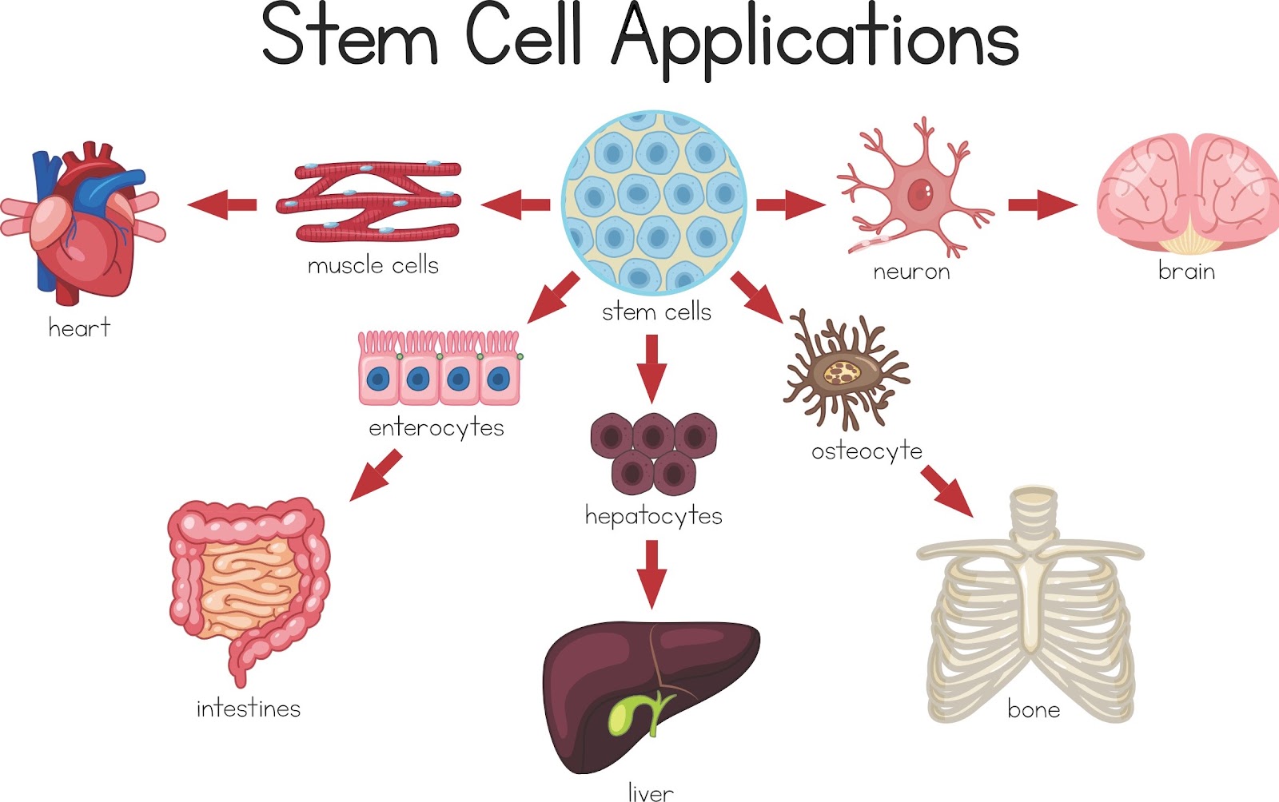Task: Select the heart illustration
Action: coord(82,222)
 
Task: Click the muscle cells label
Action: coord(373,265)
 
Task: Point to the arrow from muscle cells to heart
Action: coord(222,204)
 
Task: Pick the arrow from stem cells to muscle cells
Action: coord(516,204)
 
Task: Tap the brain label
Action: coord(1186,270)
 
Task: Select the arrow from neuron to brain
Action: coord(1042,204)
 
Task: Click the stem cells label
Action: coord(656,312)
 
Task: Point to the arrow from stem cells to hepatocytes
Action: coord(651,369)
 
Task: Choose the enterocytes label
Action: coord(436,428)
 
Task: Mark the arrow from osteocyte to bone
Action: coord(946,491)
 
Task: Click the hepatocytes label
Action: coord(654,516)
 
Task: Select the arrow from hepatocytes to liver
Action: coord(651,574)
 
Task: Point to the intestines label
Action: coord(249,709)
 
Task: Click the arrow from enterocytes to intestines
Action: coord(376,475)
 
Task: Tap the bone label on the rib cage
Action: coord(1034,709)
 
